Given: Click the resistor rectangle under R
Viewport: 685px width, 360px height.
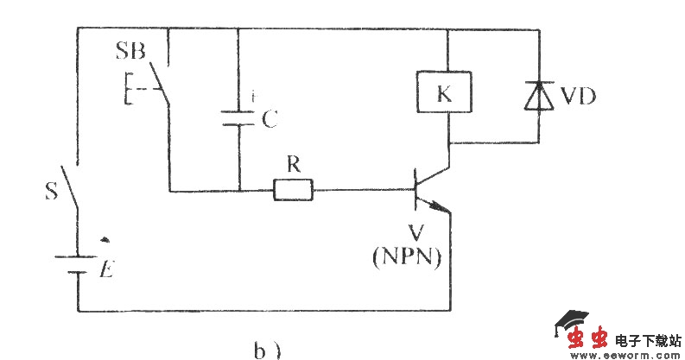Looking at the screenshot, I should click(294, 190).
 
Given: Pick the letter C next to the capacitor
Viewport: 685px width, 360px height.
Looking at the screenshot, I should click(269, 120).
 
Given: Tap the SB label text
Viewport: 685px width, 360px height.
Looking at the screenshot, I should click(130, 51).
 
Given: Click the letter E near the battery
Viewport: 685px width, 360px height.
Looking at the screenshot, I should click(105, 270).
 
